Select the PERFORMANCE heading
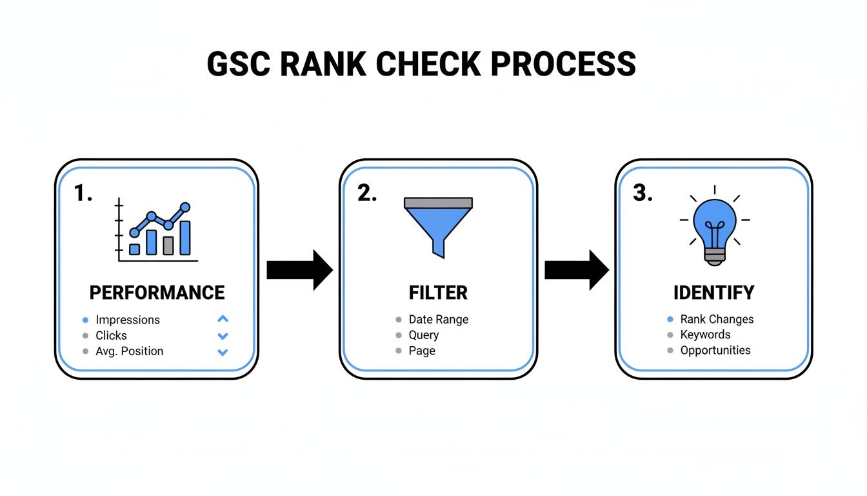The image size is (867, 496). (157, 293)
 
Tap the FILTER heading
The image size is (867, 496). (437, 293)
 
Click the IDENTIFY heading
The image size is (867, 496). (713, 293)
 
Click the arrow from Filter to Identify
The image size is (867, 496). (576, 270)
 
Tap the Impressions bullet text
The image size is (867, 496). (127, 320)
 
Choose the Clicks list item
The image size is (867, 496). (111, 335)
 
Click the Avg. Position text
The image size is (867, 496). (129, 351)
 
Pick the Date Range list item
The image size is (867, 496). (438, 320)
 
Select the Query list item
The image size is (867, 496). (423, 335)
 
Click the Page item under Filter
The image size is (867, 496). (422, 351)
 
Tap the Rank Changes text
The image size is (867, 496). (717, 319)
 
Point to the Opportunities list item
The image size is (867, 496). (715, 350)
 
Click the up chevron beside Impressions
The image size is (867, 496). (223, 319)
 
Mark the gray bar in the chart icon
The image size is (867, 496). (168, 245)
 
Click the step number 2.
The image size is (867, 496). (366, 193)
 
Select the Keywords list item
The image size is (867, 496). (705, 335)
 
